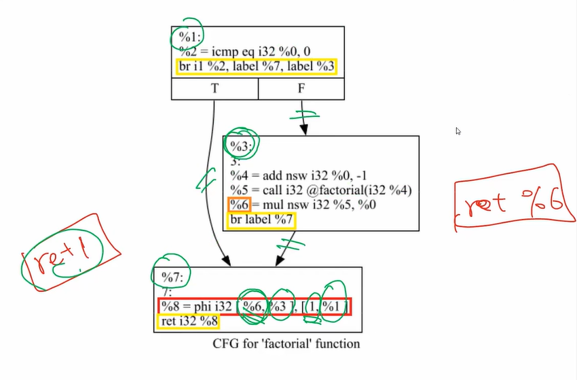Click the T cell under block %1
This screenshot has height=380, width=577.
(215, 89)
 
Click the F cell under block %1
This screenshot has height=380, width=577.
(301, 89)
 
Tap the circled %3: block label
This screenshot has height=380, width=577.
(241, 145)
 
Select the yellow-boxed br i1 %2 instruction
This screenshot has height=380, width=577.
(256, 67)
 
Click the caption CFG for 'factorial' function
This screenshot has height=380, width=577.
(286, 344)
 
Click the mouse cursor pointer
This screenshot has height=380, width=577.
(458, 131)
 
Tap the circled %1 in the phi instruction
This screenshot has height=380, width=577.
(334, 307)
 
